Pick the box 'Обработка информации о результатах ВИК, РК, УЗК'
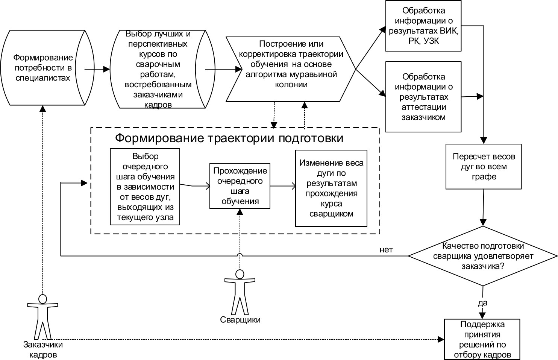tap(423, 26)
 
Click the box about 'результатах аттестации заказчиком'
tap(423, 97)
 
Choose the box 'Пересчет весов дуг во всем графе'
tap(484, 166)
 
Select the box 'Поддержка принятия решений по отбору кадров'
tap(483, 339)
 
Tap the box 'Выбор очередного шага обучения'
tap(145, 187)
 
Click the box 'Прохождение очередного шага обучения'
tap(240, 186)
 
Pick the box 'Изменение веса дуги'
tap(331, 188)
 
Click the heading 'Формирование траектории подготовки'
tap(229, 138)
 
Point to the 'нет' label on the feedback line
tap(386, 250)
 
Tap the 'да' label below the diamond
tap(482, 303)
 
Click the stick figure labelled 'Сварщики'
tap(240, 292)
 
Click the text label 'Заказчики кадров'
tap(43, 349)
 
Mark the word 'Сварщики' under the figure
tap(240, 320)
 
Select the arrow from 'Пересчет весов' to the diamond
tap(484, 207)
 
